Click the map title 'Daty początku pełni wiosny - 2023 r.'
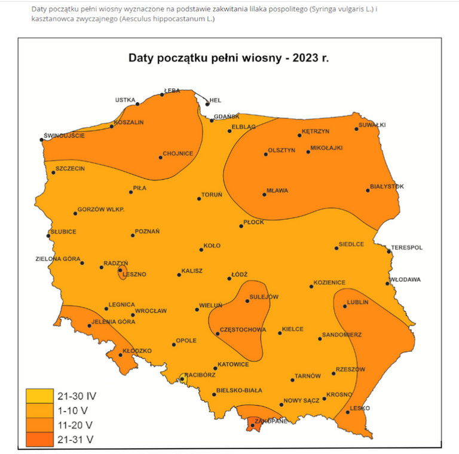pyautogui.click(x=229, y=59)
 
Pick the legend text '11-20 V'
pyautogui.click(x=75, y=425)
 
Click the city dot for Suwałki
pyautogui.click(x=357, y=128)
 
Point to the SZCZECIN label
pyautogui.click(x=71, y=168)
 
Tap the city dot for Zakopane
pyautogui.click(x=253, y=425)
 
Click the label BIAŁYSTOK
pyautogui.click(x=387, y=186)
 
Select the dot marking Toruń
pyautogui.click(x=200, y=199)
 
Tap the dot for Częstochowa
pyautogui.click(x=218, y=334)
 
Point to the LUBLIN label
pyautogui.click(x=358, y=302)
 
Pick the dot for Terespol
pyautogui.click(x=389, y=251)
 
